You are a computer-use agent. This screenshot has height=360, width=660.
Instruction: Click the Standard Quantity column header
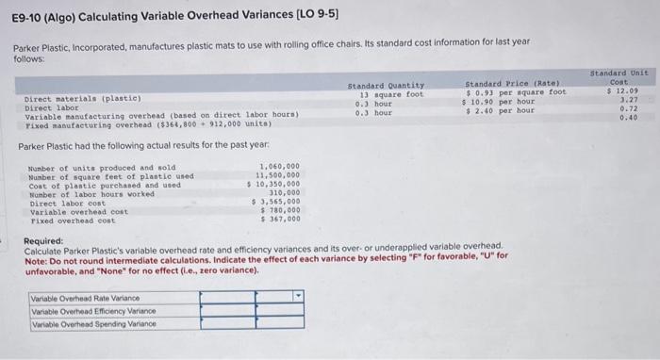[x=386, y=85]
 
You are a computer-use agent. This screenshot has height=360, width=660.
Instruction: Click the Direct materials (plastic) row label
[x=83, y=98]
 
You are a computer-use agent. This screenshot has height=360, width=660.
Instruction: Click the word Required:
[x=43, y=240]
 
